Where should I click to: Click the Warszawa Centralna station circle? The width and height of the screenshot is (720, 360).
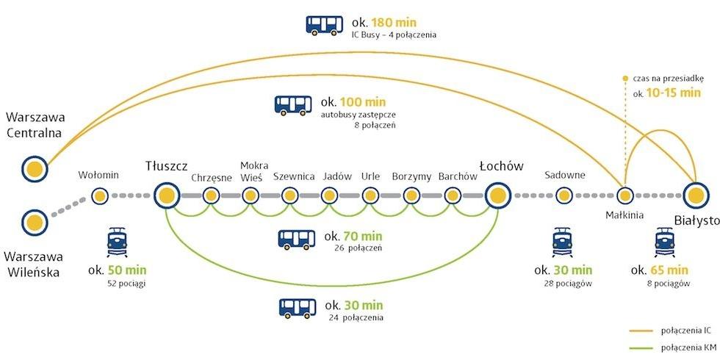tap(35, 169)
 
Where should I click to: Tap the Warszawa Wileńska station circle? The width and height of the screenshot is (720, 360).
tap(35, 223)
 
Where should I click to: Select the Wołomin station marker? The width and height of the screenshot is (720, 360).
tap(99, 196)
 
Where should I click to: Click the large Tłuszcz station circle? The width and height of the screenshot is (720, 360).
tap(167, 195)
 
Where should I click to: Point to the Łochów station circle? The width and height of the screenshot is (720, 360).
tap(498, 196)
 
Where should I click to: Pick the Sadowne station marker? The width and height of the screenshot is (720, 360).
tap(564, 196)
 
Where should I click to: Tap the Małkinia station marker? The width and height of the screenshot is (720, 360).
tap(624, 196)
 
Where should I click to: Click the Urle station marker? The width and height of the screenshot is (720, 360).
tap(370, 196)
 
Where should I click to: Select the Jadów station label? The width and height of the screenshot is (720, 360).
tap(337, 176)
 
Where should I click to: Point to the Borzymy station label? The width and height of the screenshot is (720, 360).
tap(411, 177)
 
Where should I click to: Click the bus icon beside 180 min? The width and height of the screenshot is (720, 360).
tap(324, 25)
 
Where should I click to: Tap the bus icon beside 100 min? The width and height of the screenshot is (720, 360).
tap(293, 105)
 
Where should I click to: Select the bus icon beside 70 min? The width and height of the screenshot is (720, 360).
tap(297, 240)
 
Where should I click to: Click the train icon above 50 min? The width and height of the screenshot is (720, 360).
tap(117, 242)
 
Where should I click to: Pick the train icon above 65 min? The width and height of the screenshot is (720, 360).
tap(665, 242)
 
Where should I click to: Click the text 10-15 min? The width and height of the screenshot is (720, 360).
tap(674, 93)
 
